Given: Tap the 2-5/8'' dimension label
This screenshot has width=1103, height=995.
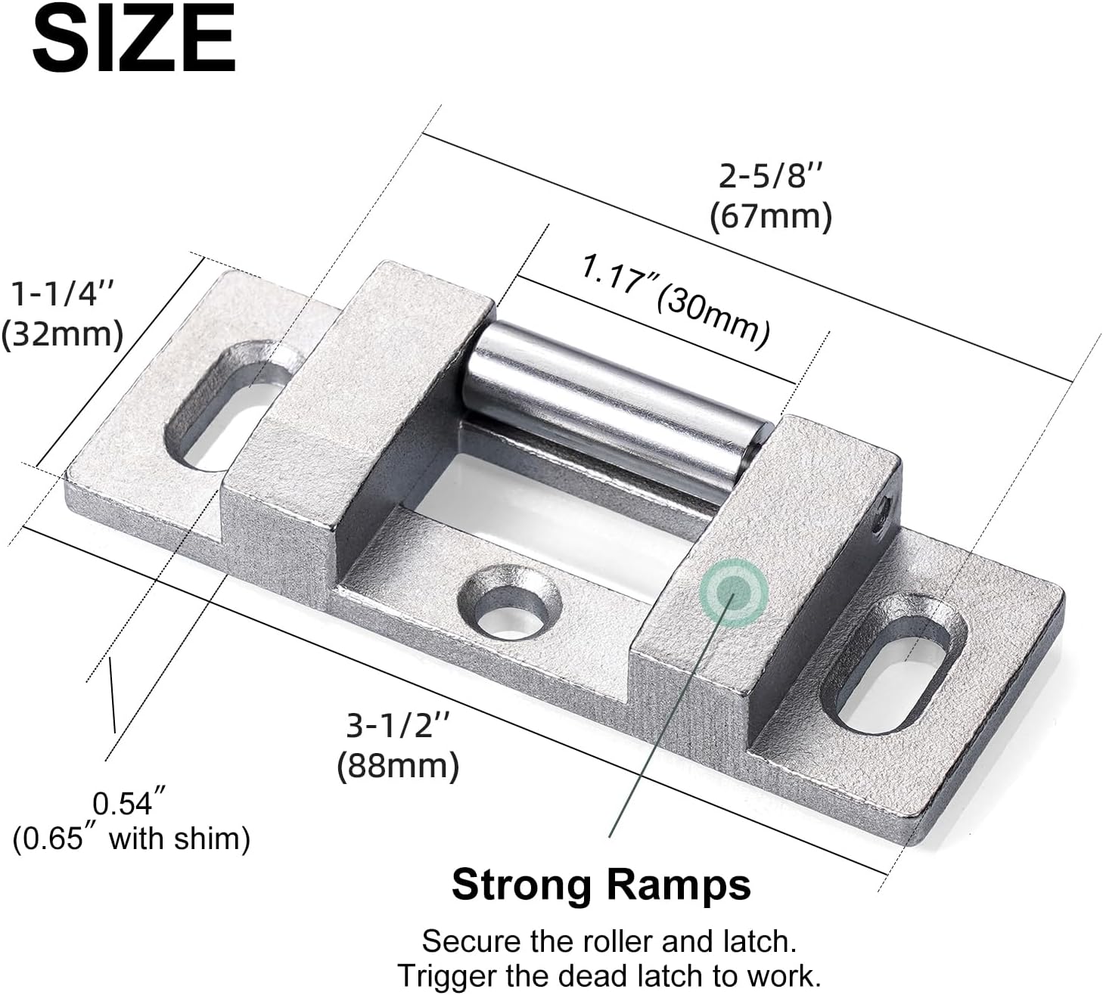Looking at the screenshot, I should [770, 177].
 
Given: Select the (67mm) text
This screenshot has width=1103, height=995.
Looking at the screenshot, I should [770, 216].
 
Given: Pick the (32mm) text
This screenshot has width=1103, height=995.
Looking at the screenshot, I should [62, 333].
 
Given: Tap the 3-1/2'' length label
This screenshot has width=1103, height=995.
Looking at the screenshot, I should [398, 727].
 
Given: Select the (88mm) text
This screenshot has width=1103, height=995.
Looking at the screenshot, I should [398, 766].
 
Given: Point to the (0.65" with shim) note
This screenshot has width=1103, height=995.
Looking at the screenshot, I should [131, 838].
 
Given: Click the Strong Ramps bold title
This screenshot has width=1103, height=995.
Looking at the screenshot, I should [601, 884].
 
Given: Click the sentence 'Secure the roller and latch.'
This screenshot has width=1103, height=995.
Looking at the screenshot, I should [609, 941].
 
